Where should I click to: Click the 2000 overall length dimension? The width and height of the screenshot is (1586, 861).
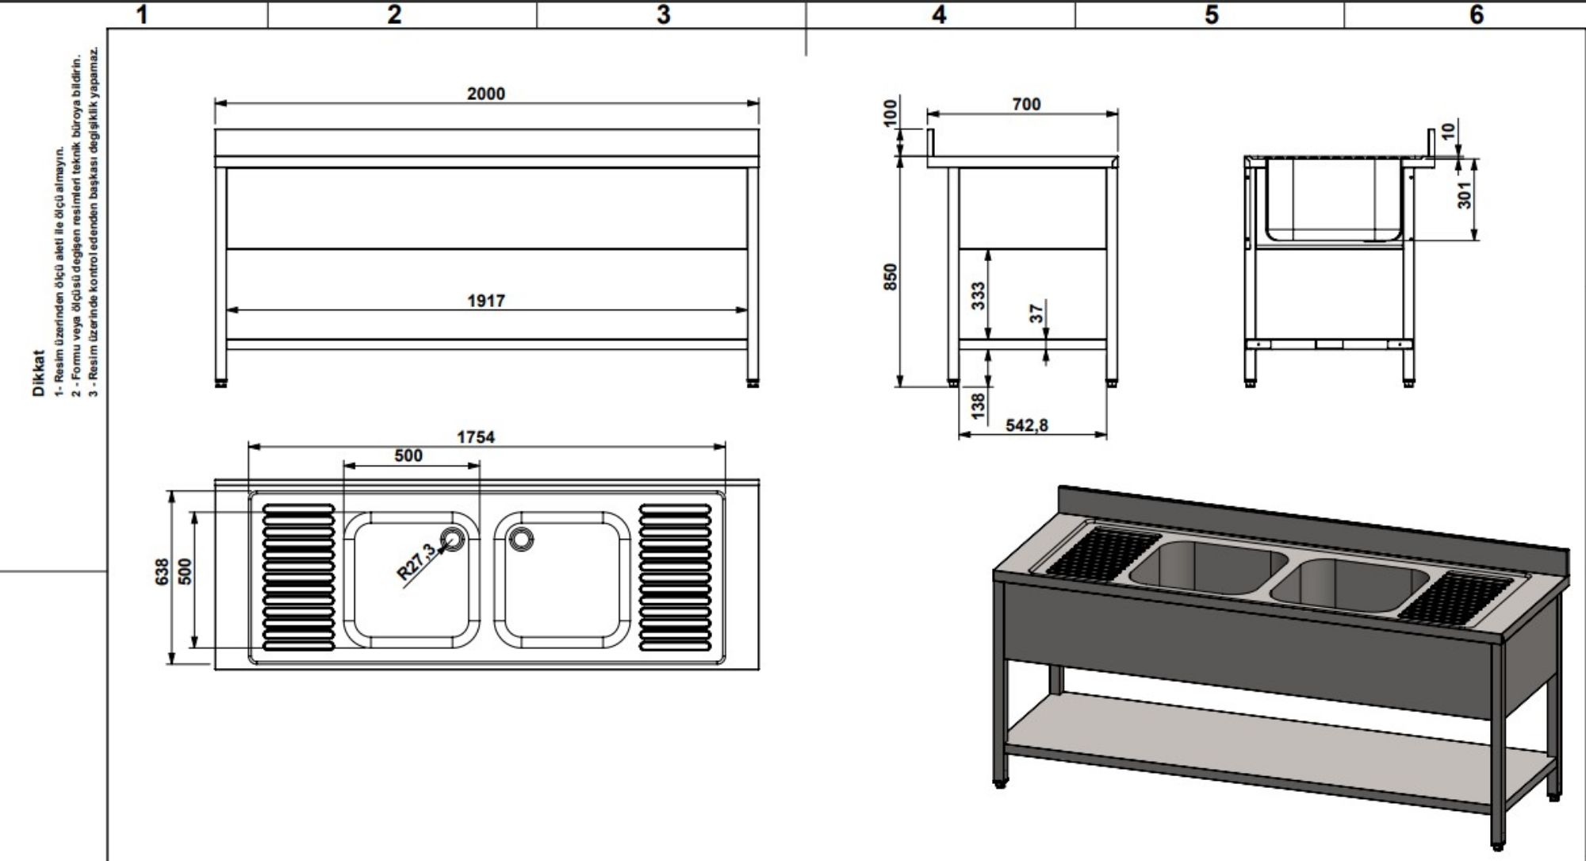(485, 94)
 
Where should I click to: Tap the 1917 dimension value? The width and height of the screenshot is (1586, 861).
(486, 301)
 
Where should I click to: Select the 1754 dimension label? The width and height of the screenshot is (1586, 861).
(476, 437)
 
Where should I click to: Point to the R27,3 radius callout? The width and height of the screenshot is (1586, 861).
(416, 562)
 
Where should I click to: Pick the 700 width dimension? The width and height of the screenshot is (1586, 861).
(1026, 104)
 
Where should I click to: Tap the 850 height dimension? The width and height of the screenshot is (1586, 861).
(891, 276)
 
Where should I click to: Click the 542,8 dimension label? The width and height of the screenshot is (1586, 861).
(1027, 425)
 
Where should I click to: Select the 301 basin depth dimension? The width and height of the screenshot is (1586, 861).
(1464, 194)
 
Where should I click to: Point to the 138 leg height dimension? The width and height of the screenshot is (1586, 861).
(978, 405)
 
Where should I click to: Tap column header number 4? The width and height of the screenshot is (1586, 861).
(939, 14)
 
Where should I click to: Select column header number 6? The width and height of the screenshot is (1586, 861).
(1477, 14)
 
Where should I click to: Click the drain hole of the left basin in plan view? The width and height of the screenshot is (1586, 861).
(454, 538)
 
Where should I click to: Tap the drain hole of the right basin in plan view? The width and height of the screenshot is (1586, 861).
(522, 538)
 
